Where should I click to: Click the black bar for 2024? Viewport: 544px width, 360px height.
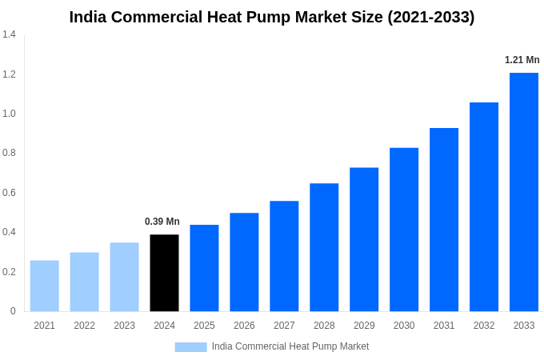point(164,273)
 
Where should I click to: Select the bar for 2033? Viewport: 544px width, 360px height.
point(524,192)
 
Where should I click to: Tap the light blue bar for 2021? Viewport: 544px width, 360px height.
point(44,286)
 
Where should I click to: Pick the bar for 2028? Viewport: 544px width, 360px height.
point(324,247)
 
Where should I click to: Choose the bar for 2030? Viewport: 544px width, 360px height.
point(404,230)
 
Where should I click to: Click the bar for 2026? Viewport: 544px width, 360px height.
point(244,262)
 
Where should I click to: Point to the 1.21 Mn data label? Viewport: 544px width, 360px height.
point(522,60)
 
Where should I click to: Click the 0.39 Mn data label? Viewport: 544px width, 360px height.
point(162,222)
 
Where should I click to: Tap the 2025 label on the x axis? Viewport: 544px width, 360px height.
point(204,326)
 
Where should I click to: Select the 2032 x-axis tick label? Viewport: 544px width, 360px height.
point(484,326)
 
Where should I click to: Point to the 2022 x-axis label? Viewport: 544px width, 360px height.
point(84,326)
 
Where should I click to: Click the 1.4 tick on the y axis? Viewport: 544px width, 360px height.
point(9,34)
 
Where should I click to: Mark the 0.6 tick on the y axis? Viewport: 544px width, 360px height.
point(9,193)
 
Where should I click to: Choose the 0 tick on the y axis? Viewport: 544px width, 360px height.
point(13,311)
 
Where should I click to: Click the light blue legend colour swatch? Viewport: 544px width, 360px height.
point(190,347)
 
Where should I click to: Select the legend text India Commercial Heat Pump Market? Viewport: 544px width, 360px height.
point(290,346)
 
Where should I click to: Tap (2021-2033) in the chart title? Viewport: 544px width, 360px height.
point(431,17)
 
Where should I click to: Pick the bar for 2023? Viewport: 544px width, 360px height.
point(124,277)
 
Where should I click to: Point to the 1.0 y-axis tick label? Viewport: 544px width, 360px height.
point(9,114)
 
